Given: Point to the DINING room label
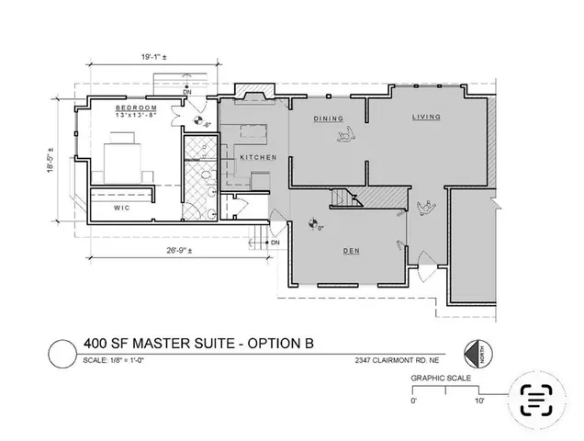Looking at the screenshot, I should [328, 119].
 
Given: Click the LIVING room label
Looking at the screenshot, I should [427, 118].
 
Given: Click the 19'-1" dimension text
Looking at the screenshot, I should [146, 59].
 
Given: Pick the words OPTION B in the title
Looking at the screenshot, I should [281, 344].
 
